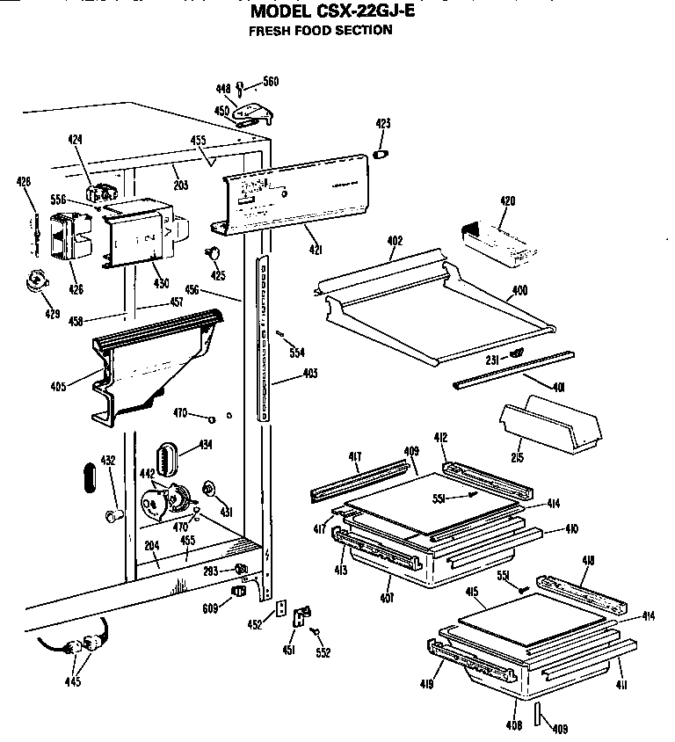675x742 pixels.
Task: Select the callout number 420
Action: click(x=507, y=201)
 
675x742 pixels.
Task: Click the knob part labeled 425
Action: click(x=212, y=253)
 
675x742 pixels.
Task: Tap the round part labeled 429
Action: click(x=38, y=283)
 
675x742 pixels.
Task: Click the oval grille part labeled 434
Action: click(x=166, y=458)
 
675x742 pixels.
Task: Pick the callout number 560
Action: click(x=271, y=82)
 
